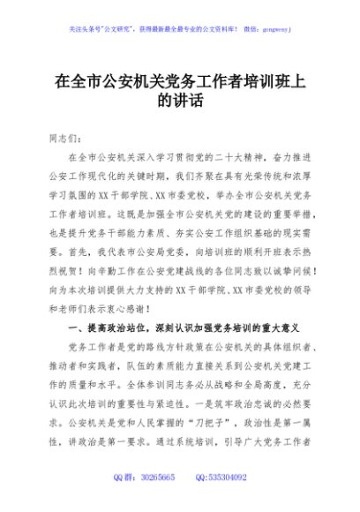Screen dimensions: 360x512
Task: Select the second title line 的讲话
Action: pyautogui.click(x=180, y=102)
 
